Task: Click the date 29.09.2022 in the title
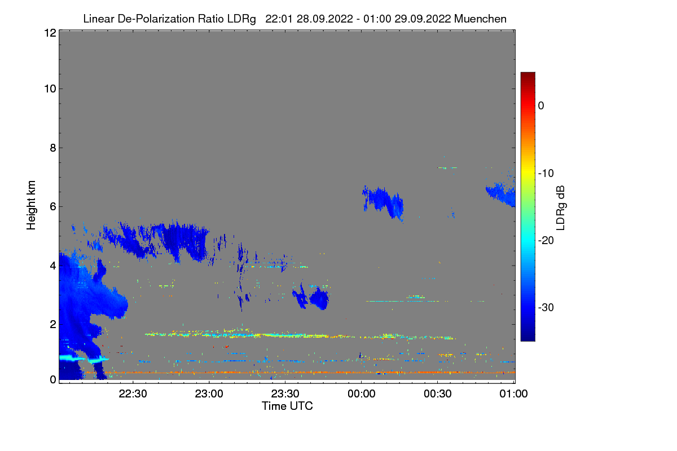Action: [423, 19]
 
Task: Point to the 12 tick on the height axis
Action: [49, 33]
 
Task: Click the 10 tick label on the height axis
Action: [49, 89]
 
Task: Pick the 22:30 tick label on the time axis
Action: [134, 394]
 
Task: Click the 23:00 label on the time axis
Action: [210, 394]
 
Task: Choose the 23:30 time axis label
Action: [285, 394]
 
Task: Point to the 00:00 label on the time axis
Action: [362, 394]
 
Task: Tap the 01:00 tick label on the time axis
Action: [513, 394]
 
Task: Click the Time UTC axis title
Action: [287, 406]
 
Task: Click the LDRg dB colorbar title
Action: [561, 206]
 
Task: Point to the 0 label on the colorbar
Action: [541, 106]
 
